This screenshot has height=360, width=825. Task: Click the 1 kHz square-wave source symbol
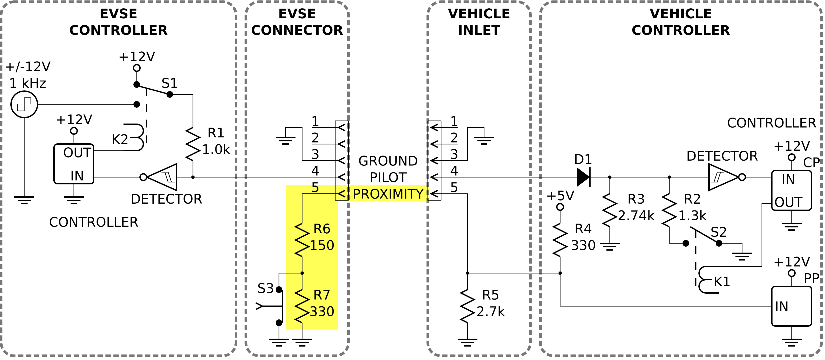click(24, 104)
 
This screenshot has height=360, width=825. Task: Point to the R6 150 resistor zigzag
click(302, 240)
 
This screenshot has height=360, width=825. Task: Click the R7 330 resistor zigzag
click(302, 306)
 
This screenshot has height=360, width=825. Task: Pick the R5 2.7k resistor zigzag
click(467, 306)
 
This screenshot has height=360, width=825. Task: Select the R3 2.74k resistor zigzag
click(610, 210)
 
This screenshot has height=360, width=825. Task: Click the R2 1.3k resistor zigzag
click(669, 210)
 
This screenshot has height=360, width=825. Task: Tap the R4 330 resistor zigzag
click(560, 240)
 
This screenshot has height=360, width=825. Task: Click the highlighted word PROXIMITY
click(388, 194)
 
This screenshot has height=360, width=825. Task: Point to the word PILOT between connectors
click(388, 177)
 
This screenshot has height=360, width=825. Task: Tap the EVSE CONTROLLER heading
click(118, 22)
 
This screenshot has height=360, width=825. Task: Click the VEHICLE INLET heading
click(479, 22)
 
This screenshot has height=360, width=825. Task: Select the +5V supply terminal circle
click(560, 207)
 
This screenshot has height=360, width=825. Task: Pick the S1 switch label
click(169, 83)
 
